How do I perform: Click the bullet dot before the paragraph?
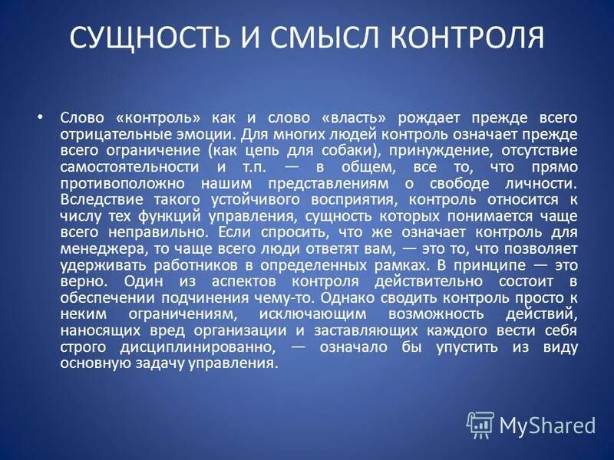point(40,117)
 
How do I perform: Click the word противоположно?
point(121,184)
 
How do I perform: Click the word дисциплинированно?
point(200,347)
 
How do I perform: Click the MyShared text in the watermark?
point(547,424)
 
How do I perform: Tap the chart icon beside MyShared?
point(480,424)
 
